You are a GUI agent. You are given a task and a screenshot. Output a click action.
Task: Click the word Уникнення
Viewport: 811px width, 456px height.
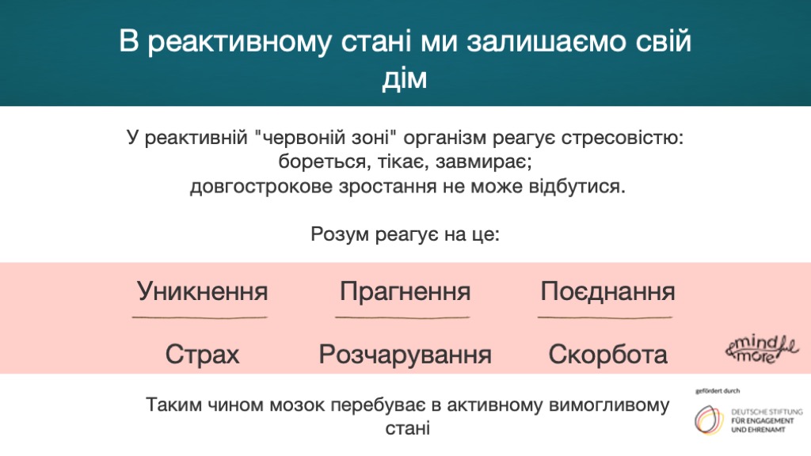tap(202, 291)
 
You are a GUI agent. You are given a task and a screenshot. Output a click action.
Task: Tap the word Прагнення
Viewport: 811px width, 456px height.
tap(405, 291)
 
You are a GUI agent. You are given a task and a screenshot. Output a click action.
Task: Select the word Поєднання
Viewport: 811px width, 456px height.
tap(607, 291)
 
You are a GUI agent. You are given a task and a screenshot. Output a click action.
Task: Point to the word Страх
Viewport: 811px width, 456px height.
tap(202, 355)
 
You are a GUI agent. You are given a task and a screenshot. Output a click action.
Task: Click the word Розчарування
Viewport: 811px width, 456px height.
tap(405, 355)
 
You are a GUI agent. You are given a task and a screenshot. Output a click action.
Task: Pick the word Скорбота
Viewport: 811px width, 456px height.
tap(607, 355)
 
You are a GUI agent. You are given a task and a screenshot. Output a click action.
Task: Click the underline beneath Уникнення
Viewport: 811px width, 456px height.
tap(200, 317)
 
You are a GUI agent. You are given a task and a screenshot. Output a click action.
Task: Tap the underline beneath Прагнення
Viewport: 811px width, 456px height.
tap(402, 317)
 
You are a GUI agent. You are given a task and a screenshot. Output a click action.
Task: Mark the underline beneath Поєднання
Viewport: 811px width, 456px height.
tap(605, 317)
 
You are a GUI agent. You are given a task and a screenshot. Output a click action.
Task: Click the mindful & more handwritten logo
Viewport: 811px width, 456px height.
tap(761, 349)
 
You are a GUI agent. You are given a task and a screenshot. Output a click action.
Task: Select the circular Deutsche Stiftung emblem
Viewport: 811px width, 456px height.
tap(709, 420)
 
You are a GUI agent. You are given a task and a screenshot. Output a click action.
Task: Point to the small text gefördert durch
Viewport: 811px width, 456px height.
tap(718, 391)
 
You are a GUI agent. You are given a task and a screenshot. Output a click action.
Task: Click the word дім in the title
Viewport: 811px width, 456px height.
tap(405, 78)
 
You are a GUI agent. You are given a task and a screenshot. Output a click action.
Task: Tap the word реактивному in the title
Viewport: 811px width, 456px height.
tap(239, 41)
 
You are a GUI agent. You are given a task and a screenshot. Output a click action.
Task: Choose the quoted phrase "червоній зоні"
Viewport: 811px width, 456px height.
tap(326, 138)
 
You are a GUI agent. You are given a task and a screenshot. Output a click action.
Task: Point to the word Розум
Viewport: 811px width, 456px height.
tap(340, 234)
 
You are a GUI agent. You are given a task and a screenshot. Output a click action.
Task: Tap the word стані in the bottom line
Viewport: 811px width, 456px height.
tap(408, 428)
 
